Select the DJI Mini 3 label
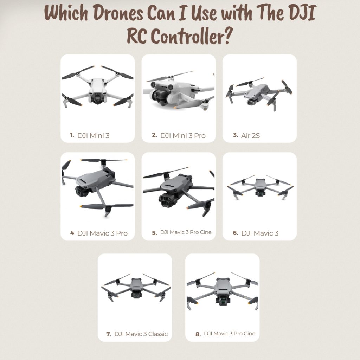93,135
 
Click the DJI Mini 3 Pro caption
183,135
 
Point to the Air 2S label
250,135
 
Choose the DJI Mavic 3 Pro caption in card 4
102,233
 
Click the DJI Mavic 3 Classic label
141,334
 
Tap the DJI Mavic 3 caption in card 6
260,233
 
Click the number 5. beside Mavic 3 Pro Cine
154,233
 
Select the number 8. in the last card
198,334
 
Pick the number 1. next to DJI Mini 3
72,135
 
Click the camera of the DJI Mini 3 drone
97,99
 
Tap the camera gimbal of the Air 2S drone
251,102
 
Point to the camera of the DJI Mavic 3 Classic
135,296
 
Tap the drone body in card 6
260,184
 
